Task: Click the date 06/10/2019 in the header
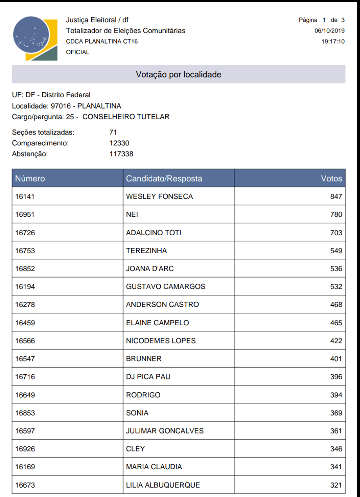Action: pos(329,31)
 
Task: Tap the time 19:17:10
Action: pos(333,41)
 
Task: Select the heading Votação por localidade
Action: pos(179,74)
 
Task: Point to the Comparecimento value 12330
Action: pos(119,143)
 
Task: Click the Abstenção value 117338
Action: pos(121,154)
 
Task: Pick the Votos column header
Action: pos(331,179)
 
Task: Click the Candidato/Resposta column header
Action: pos(164,179)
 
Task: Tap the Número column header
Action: pos(30,179)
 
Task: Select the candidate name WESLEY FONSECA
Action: pos(159,197)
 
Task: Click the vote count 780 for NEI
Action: pos(336,215)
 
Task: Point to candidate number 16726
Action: pos(25,233)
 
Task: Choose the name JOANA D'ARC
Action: pos(150,269)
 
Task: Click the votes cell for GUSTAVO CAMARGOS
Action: pos(336,287)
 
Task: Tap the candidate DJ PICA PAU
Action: pos(148,377)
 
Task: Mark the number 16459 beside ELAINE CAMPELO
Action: pos(25,323)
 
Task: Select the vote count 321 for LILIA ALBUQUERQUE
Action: pos(336,485)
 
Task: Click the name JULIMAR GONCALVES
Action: pos(165,431)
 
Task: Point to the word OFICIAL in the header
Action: pos(78,52)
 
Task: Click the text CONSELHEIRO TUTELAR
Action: pos(126,117)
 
